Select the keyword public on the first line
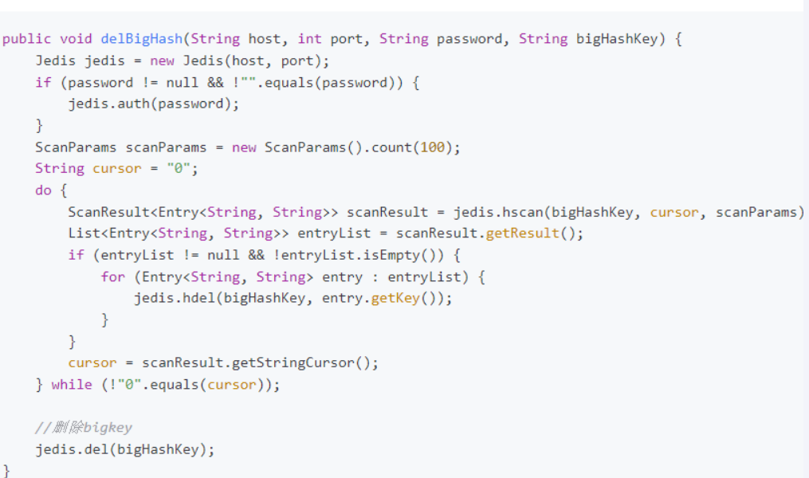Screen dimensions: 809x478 tap(26, 38)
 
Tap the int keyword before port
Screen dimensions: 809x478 tap(309, 38)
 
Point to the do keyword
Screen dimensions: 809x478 tap(43, 190)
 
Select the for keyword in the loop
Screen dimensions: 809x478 tap(112, 276)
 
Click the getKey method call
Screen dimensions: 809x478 tap(395, 298)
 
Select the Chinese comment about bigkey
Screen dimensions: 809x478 tap(84, 428)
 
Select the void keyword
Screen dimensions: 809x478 tap(76, 38)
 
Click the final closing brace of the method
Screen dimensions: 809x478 tap(6, 469)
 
